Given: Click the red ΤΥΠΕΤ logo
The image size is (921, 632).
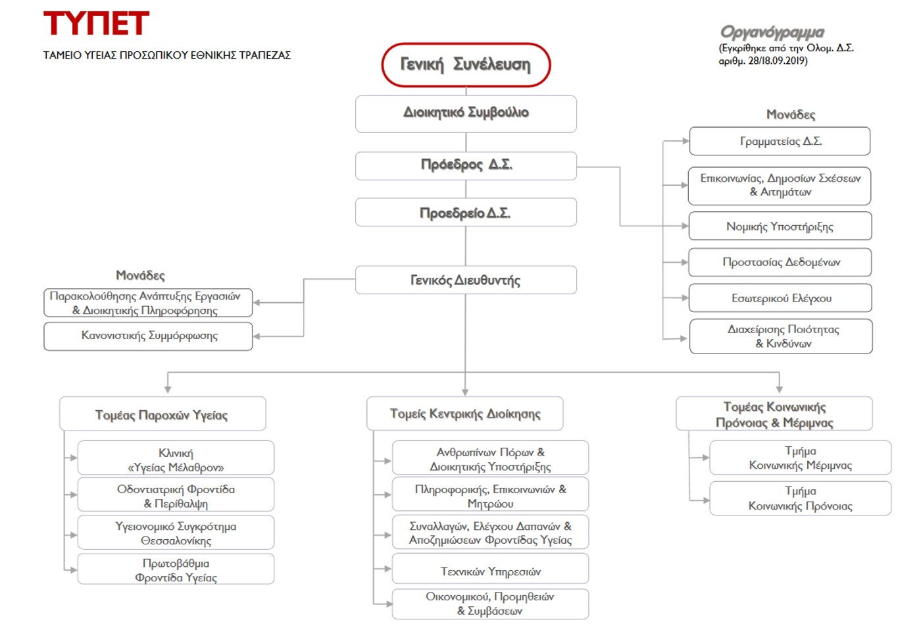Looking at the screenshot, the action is click(x=96, y=23).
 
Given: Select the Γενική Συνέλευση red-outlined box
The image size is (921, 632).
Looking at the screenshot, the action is click(x=466, y=65).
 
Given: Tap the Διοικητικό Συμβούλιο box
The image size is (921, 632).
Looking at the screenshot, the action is click(x=466, y=113).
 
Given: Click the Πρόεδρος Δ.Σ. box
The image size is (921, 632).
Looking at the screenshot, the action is click(x=466, y=165).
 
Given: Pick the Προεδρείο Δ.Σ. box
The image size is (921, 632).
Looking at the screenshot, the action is click(x=466, y=212).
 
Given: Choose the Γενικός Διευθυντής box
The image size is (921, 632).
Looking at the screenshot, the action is click(x=466, y=280).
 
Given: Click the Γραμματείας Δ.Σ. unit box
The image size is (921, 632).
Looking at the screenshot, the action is click(x=780, y=141).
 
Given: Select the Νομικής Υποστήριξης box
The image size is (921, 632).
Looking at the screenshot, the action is click(x=780, y=226).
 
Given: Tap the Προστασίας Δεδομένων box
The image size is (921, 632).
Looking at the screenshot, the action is click(x=780, y=262).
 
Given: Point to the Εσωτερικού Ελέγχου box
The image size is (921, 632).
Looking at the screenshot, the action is click(x=780, y=298).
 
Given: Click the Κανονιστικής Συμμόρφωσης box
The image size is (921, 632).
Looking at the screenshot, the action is click(x=148, y=336).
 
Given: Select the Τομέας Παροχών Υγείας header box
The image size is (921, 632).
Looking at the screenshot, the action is click(x=162, y=413).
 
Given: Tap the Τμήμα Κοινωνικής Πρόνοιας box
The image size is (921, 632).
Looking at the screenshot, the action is click(x=800, y=498).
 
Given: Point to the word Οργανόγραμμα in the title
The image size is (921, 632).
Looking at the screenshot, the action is click(x=772, y=32).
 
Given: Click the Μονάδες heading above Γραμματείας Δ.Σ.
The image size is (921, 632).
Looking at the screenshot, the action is click(x=790, y=115).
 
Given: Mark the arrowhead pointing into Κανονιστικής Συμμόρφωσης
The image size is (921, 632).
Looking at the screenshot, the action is click(x=256, y=336).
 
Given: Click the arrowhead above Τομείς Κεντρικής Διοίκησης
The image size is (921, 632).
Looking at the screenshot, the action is click(x=465, y=392).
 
